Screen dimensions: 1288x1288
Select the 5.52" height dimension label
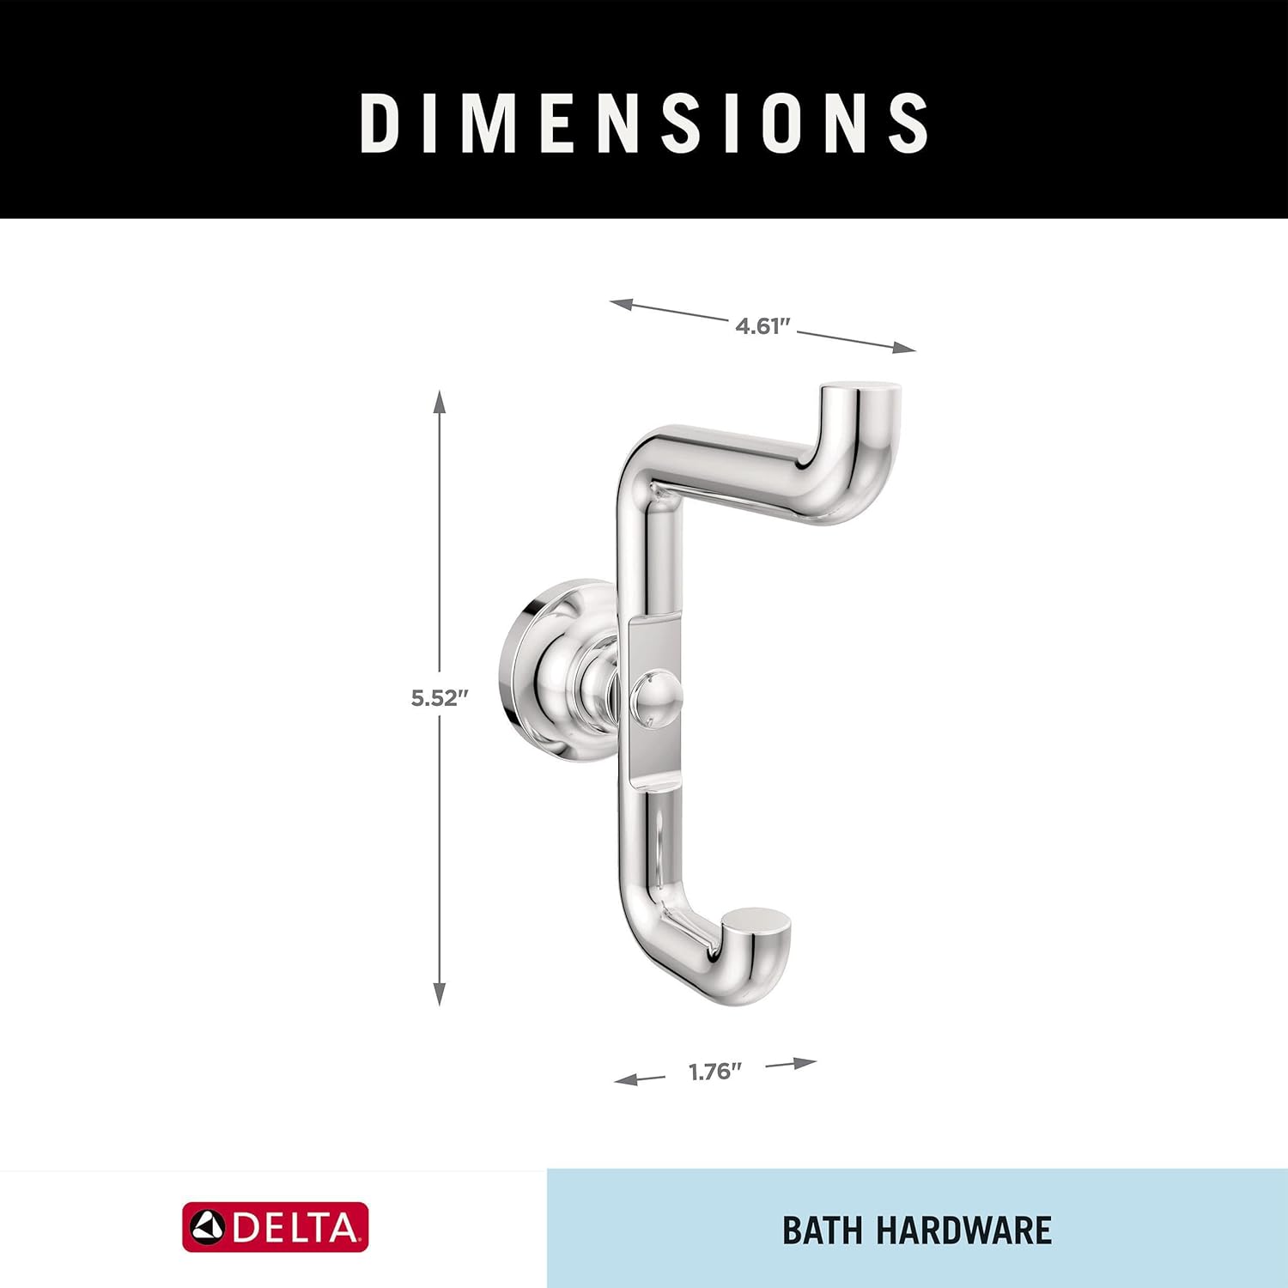(439, 698)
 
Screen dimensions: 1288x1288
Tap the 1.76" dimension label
(714, 1072)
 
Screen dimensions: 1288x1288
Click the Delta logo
(275, 1227)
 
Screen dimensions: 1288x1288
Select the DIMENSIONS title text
(644, 123)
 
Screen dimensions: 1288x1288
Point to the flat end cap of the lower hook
(754, 917)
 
